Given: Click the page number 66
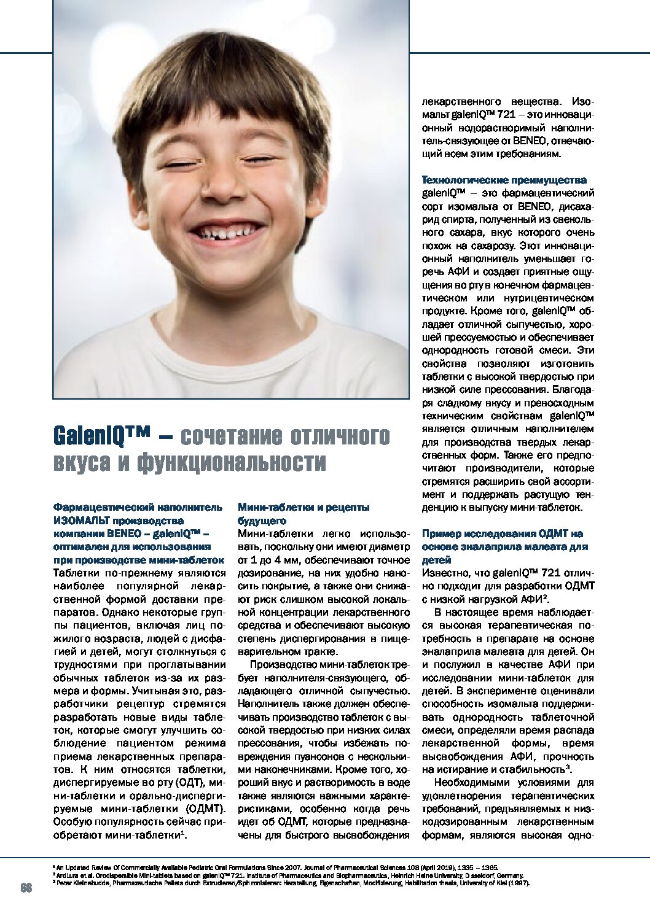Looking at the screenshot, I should (26, 888).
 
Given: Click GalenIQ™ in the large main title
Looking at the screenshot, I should (101, 436).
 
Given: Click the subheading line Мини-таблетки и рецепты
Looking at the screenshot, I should (303, 508).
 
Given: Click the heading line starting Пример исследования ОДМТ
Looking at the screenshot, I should (502, 533).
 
